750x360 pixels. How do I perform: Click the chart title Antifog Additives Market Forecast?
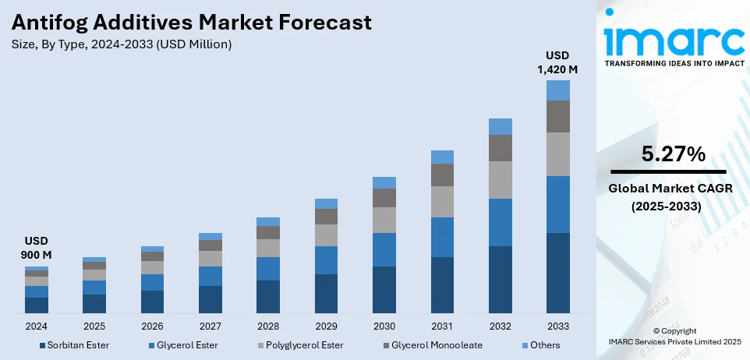click(x=192, y=22)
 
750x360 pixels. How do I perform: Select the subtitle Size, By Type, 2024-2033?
click(x=122, y=44)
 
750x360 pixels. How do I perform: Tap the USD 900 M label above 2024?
click(x=36, y=249)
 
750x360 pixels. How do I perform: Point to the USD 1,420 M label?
click(x=557, y=62)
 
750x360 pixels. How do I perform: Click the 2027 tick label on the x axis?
click(x=210, y=326)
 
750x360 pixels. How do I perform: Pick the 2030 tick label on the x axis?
click(x=384, y=326)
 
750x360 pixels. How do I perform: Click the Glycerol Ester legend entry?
click(x=186, y=344)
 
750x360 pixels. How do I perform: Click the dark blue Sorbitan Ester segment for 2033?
click(x=557, y=273)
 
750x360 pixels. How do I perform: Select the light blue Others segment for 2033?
click(x=557, y=90)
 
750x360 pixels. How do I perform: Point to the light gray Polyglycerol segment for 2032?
click(x=500, y=179)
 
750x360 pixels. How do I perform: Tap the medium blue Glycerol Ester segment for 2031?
click(x=442, y=237)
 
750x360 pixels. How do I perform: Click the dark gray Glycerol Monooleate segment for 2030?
click(x=384, y=198)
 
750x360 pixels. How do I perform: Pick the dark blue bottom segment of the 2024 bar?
click(x=37, y=305)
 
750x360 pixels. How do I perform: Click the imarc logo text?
click(x=673, y=39)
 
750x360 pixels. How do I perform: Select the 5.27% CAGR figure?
click(x=668, y=154)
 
